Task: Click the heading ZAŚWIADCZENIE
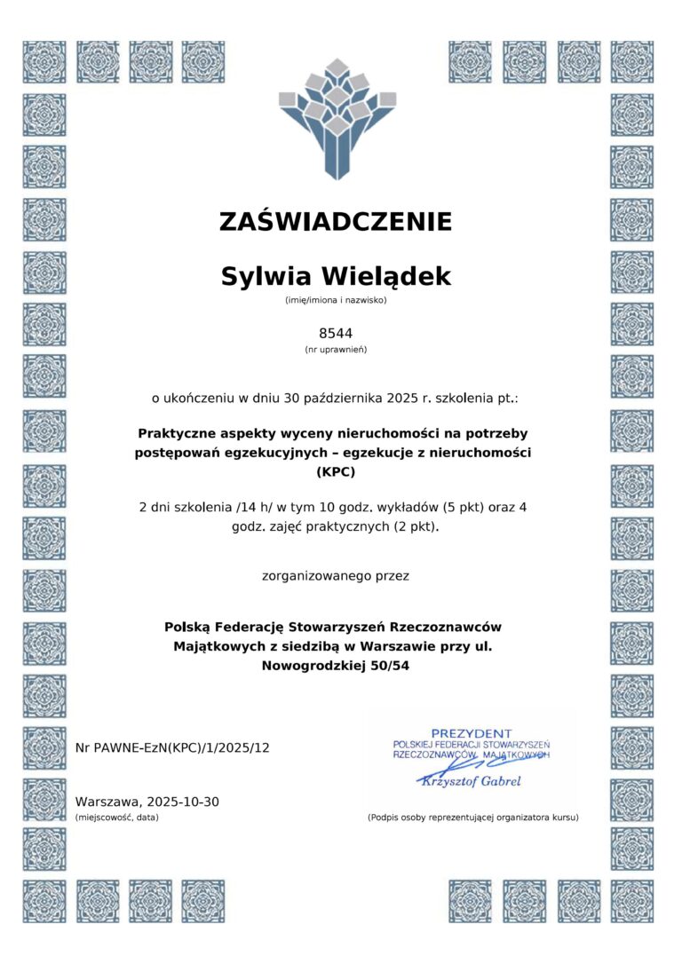point(336,221)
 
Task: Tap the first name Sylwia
point(263,277)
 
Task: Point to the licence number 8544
point(336,334)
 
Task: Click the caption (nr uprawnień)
point(336,350)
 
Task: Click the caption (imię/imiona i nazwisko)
point(336,300)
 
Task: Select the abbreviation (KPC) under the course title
point(336,471)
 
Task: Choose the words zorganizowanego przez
point(336,576)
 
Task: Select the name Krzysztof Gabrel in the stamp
point(472,781)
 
